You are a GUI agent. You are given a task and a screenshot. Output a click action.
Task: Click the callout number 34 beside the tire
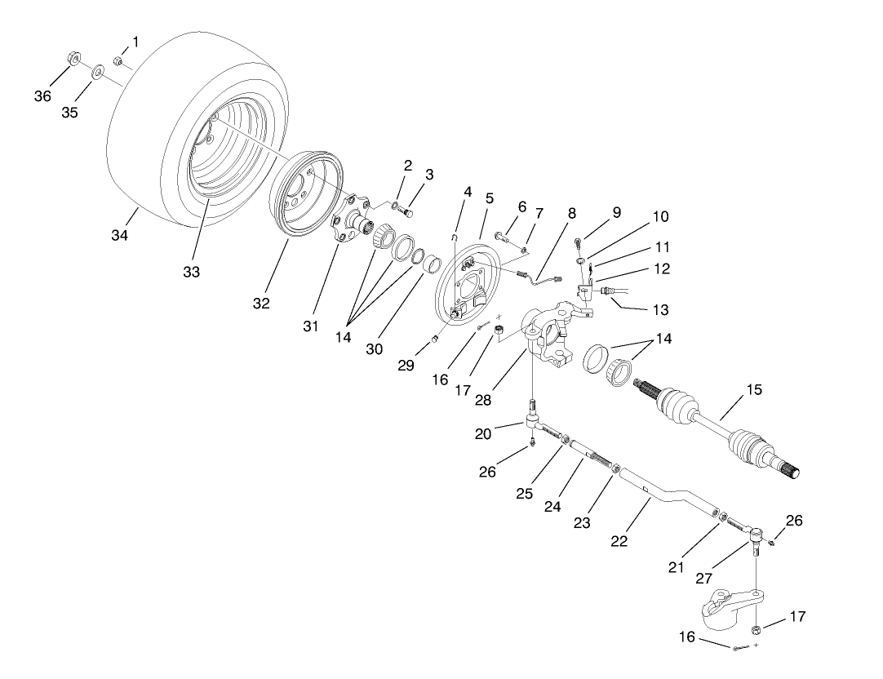tap(119, 236)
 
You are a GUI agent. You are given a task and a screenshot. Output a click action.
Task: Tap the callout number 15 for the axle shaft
tap(754, 390)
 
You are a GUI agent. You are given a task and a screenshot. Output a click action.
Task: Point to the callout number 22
tap(619, 540)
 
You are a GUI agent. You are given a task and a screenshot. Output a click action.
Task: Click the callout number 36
tap(42, 95)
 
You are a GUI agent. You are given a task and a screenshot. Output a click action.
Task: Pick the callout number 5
tap(490, 198)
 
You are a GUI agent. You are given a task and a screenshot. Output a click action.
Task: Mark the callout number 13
tap(660, 309)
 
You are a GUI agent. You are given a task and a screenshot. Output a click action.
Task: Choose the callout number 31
tap(311, 326)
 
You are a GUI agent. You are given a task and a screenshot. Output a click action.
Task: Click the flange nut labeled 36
tap(71, 59)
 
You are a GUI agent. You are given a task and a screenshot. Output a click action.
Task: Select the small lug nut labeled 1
tap(118, 60)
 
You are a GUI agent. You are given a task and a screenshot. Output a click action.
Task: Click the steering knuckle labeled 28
tap(555, 335)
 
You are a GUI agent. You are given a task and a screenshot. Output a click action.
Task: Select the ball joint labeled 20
tap(533, 420)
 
